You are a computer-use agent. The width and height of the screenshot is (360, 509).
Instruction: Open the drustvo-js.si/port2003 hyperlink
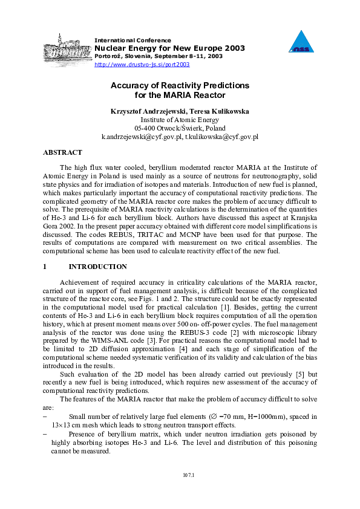[142, 64]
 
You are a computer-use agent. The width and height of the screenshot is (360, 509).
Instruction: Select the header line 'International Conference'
[133, 40]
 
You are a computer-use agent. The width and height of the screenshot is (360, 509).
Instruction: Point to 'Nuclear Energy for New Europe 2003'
[161, 48]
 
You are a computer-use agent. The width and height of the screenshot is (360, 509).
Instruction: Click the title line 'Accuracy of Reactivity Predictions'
[180, 86]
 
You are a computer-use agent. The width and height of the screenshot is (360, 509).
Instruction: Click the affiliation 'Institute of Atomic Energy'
[180, 120]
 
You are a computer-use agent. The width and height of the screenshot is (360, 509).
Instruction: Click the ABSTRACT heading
[62, 153]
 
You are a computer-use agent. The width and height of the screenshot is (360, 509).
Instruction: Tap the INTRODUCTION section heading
[97, 267]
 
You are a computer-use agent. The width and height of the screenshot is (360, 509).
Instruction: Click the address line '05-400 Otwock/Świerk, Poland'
[180, 128]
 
